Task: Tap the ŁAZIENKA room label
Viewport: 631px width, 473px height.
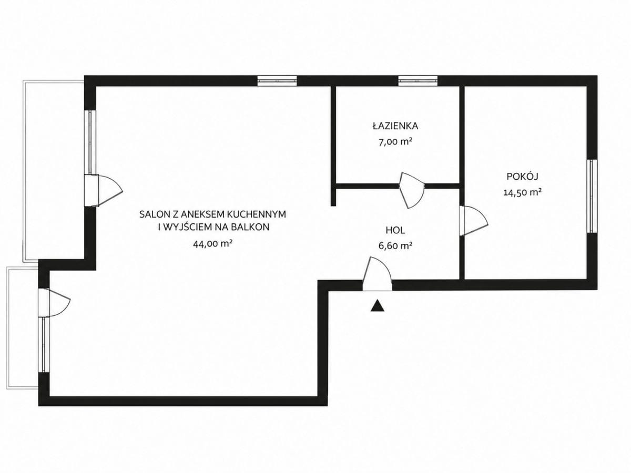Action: tap(395, 126)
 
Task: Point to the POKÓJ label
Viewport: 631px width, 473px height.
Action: tap(522, 176)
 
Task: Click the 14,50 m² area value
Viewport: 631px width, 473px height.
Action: tap(523, 192)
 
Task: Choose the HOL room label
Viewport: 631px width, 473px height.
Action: tap(395, 230)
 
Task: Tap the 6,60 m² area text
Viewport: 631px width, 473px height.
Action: tap(395, 246)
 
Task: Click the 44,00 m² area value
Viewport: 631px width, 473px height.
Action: tap(213, 244)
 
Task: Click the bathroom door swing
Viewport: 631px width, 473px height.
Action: tap(412, 190)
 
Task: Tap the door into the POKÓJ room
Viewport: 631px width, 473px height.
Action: tap(473, 221)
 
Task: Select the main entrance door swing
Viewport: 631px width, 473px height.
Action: tap(377, 274)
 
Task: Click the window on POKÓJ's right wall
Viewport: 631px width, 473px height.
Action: tap(592, 196)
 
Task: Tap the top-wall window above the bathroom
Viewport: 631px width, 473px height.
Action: tap(418, 81)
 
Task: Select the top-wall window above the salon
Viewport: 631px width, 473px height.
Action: tap(277, 81)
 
